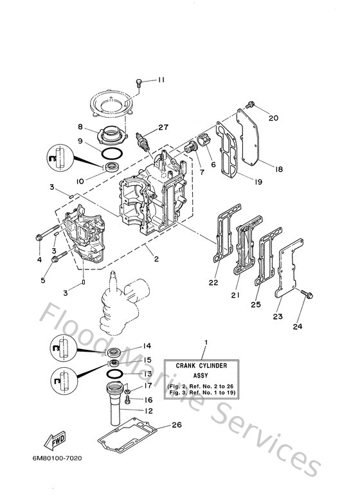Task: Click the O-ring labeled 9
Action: [x=113, y=153]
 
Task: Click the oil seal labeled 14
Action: [x=116, y=352]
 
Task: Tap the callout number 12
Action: [x=148, y=411]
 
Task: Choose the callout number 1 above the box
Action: [x=205, y=341]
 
